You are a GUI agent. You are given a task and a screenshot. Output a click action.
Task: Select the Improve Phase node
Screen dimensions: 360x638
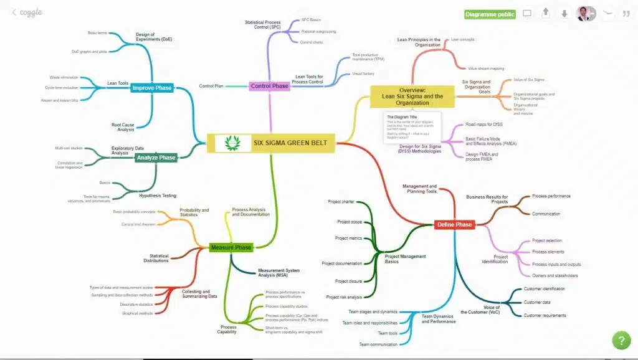(x=151, y=88)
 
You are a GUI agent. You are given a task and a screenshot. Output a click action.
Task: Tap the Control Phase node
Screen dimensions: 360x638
(x=269, y=86)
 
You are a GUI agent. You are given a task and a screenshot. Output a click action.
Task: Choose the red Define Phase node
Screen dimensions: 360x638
(x=454, y=224)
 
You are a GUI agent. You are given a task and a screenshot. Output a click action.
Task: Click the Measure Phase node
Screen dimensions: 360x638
(x=231, y=247)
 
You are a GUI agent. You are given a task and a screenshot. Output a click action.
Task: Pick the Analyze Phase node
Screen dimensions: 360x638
(x=156, y=158)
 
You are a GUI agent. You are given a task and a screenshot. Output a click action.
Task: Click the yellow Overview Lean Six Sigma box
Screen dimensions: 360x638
(x=412, y=96)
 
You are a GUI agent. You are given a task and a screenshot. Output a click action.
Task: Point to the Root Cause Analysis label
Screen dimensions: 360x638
(x=123, y=127)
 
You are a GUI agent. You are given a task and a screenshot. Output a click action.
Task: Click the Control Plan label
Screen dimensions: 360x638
(x=211, y=86)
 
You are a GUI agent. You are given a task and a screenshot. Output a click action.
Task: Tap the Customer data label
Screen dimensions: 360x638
(x=536, y=302)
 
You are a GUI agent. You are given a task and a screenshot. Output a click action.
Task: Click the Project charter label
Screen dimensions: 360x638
(x=341, y=202)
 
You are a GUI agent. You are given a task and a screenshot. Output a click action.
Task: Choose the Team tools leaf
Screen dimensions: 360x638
(x=387, y=333)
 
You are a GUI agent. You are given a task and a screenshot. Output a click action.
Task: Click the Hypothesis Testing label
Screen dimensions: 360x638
(x=157, y=196)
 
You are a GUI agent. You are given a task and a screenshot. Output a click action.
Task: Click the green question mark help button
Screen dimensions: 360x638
(x=621, y=341)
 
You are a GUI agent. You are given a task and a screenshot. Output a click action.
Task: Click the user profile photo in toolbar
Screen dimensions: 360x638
(x=584, y=13)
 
